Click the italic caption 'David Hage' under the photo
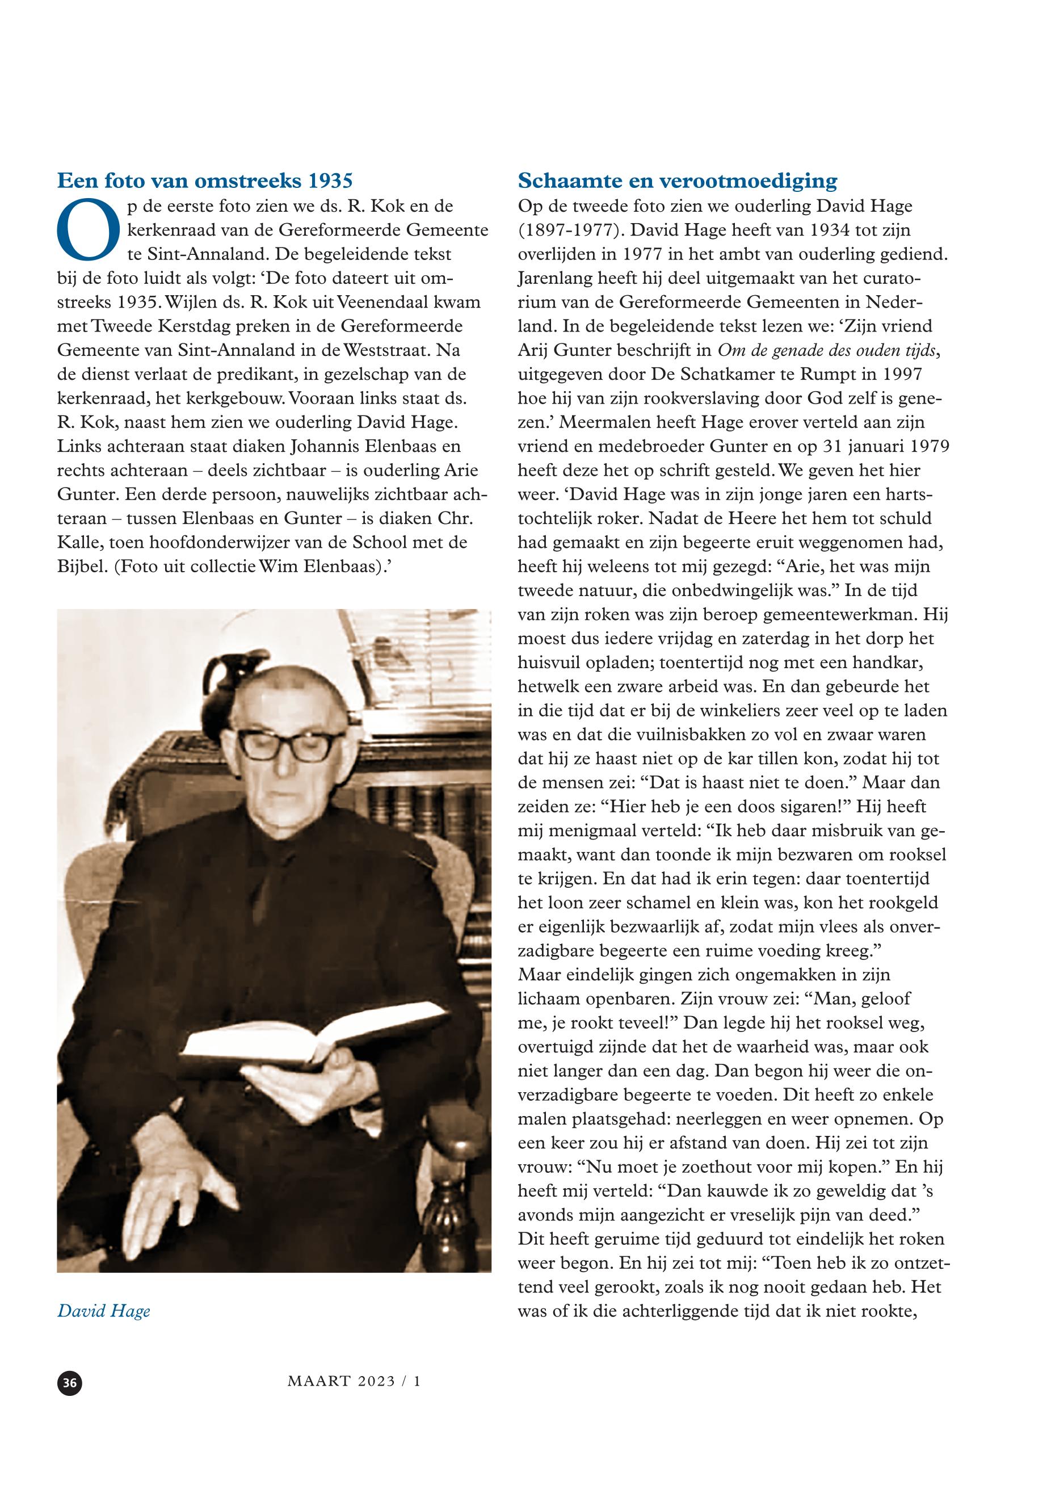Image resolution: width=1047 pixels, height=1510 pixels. [104, 1311]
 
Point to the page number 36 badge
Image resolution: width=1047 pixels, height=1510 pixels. [70, 1383]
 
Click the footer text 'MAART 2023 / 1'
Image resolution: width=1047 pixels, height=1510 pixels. [354, 1381]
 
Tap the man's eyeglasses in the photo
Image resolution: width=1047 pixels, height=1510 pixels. [291, 745]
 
